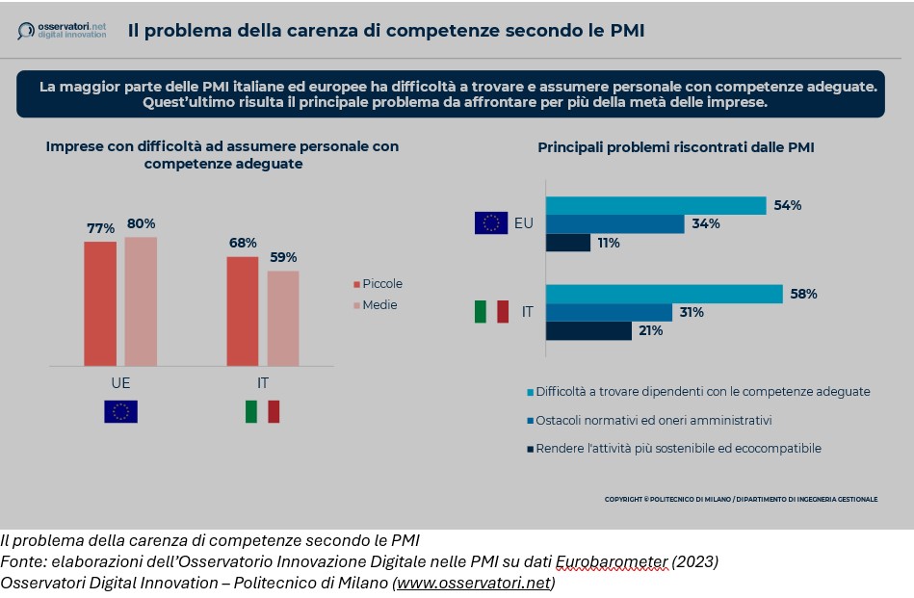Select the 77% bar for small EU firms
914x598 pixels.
(x=100, y=303)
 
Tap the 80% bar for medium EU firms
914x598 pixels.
(x=141, y=301)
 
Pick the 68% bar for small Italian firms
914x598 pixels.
(x=243, y=311)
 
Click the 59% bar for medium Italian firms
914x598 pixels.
(x=283, y=318)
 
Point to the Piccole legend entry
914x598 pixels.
(x=378, y=284)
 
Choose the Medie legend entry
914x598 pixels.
(x=375, y=305)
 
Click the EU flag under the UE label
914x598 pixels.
(x=121, y=411)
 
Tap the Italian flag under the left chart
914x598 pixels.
(x=262, y=411)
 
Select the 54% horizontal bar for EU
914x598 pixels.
(x=656, y=205)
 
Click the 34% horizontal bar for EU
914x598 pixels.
(x=614, y=224)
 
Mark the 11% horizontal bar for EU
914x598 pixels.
(x=568, y=243)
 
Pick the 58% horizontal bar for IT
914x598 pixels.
(x=665, y=294)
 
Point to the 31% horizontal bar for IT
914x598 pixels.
(x=609, y=312)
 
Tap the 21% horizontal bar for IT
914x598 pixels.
(x=588, y=330)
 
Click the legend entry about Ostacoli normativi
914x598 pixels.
(x=647, y=421)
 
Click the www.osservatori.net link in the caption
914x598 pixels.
(x=473, y=583)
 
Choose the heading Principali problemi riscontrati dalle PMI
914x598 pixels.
(x=676, y=147)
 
